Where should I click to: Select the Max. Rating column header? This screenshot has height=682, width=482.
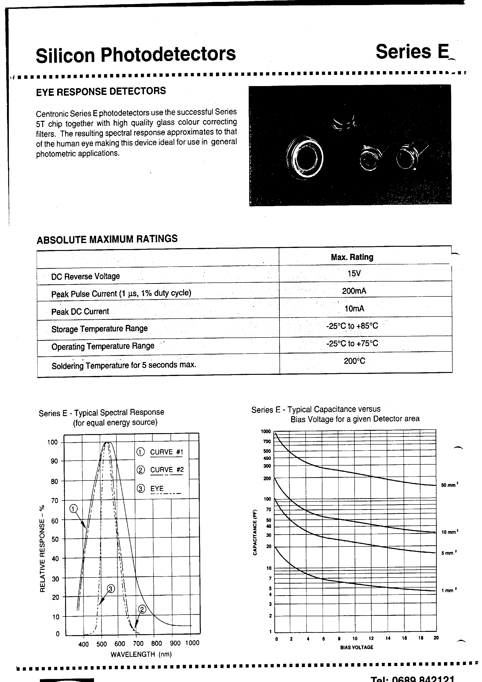[x=352, y=257]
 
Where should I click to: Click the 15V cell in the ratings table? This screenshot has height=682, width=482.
[x=354, y=273]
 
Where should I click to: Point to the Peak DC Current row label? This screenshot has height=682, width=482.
[x=80, y=312]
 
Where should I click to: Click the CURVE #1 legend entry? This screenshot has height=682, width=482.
[x=166, y=452]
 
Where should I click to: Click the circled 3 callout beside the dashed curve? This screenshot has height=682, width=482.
[x=111, y=589]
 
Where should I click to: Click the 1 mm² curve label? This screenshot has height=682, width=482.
[x=449, y=591]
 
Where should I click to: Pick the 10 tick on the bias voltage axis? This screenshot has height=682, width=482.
[x=355, y=639]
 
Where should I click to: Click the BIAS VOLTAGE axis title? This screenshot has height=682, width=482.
[x=356, y=647]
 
